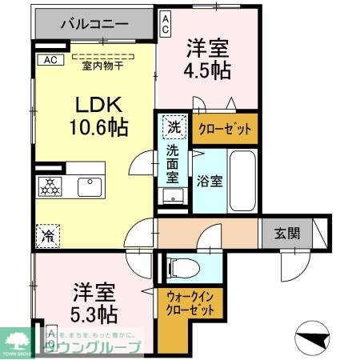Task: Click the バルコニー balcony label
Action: tap(94, 25)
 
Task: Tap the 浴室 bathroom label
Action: tap(211, 180)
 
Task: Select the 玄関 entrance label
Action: tap(288, 234)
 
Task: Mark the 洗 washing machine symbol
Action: tap(174, 126)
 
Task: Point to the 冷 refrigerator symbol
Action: tap(47, 236)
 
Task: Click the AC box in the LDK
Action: tap(49, 60)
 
